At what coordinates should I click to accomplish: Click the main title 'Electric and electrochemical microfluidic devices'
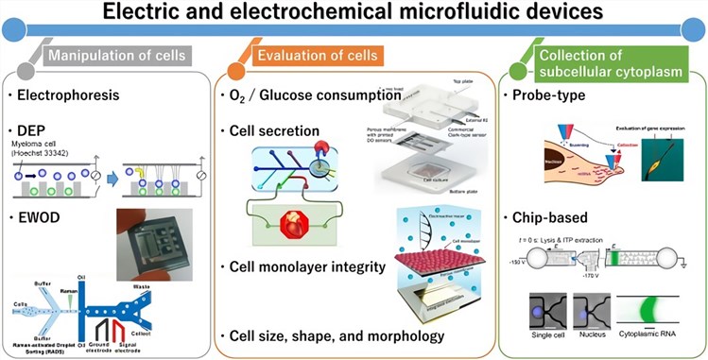[x=354, y=15]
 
